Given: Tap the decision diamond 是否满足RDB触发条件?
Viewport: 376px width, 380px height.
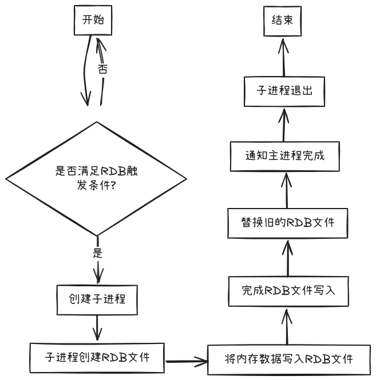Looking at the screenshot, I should tap(97, 178).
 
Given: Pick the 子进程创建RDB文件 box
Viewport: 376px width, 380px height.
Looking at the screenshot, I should tap(97, 358).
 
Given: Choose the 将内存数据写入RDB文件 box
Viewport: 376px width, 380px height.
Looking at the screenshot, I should tap(288, 359).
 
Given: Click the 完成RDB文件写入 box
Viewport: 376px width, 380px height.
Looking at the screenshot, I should tap(288, 290).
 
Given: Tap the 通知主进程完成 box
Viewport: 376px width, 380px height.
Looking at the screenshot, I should tap(285, 155).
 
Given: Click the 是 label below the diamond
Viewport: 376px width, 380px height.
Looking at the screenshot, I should tap(97, 252).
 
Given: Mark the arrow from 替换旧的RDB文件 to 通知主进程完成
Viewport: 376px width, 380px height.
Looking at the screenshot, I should tap(287, 189).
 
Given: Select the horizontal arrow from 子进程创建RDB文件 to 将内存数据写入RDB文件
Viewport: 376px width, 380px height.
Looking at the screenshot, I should tap(187, 360).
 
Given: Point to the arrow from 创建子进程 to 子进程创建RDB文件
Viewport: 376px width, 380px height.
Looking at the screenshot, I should tap(97, 328).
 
